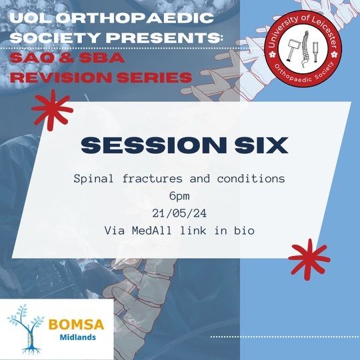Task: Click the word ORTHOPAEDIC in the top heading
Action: (135, 18)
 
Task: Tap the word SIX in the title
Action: (261, 145)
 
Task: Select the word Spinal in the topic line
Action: (94, 179)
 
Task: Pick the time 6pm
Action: (179, 196)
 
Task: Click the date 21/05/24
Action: (179, 213)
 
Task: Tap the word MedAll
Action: (152, 231)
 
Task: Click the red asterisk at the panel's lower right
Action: (309, 259)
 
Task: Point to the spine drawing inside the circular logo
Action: (305, 49)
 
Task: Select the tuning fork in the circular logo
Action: (316, 53)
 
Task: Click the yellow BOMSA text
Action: (77, 325)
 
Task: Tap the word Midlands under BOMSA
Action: (78, 337)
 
